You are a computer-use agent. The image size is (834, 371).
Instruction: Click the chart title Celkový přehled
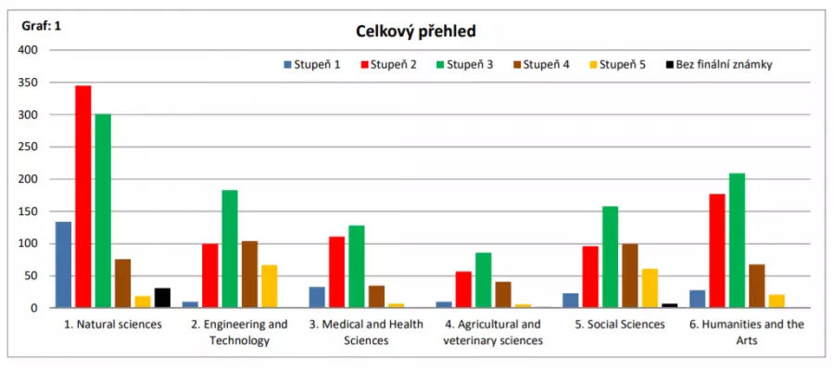click(416, 32)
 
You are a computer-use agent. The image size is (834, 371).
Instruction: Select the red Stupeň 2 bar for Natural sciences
click(83, 196)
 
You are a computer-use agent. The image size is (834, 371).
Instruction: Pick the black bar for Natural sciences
click(162, 298)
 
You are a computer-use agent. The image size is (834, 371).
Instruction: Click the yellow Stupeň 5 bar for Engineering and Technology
click(270, 287)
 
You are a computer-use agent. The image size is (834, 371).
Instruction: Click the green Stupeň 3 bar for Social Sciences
click(610, 257)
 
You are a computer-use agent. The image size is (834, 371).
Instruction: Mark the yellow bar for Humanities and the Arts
click(777, 301)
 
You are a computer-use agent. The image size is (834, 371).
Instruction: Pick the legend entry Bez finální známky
click(718, 65)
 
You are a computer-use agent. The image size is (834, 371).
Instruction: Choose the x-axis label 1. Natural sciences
click(113, 325)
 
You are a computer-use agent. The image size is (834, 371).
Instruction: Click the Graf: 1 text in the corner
click(41, 25)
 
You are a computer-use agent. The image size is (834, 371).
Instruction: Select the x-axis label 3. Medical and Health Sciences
click(366, 332)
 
